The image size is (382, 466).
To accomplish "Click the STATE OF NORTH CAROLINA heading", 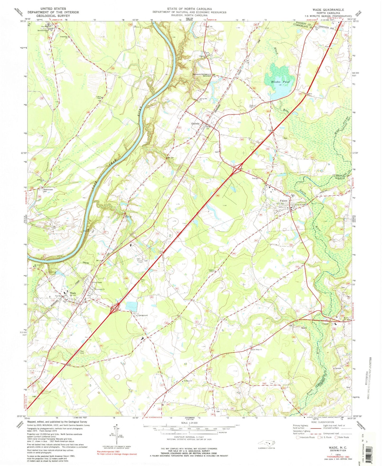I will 189,9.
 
